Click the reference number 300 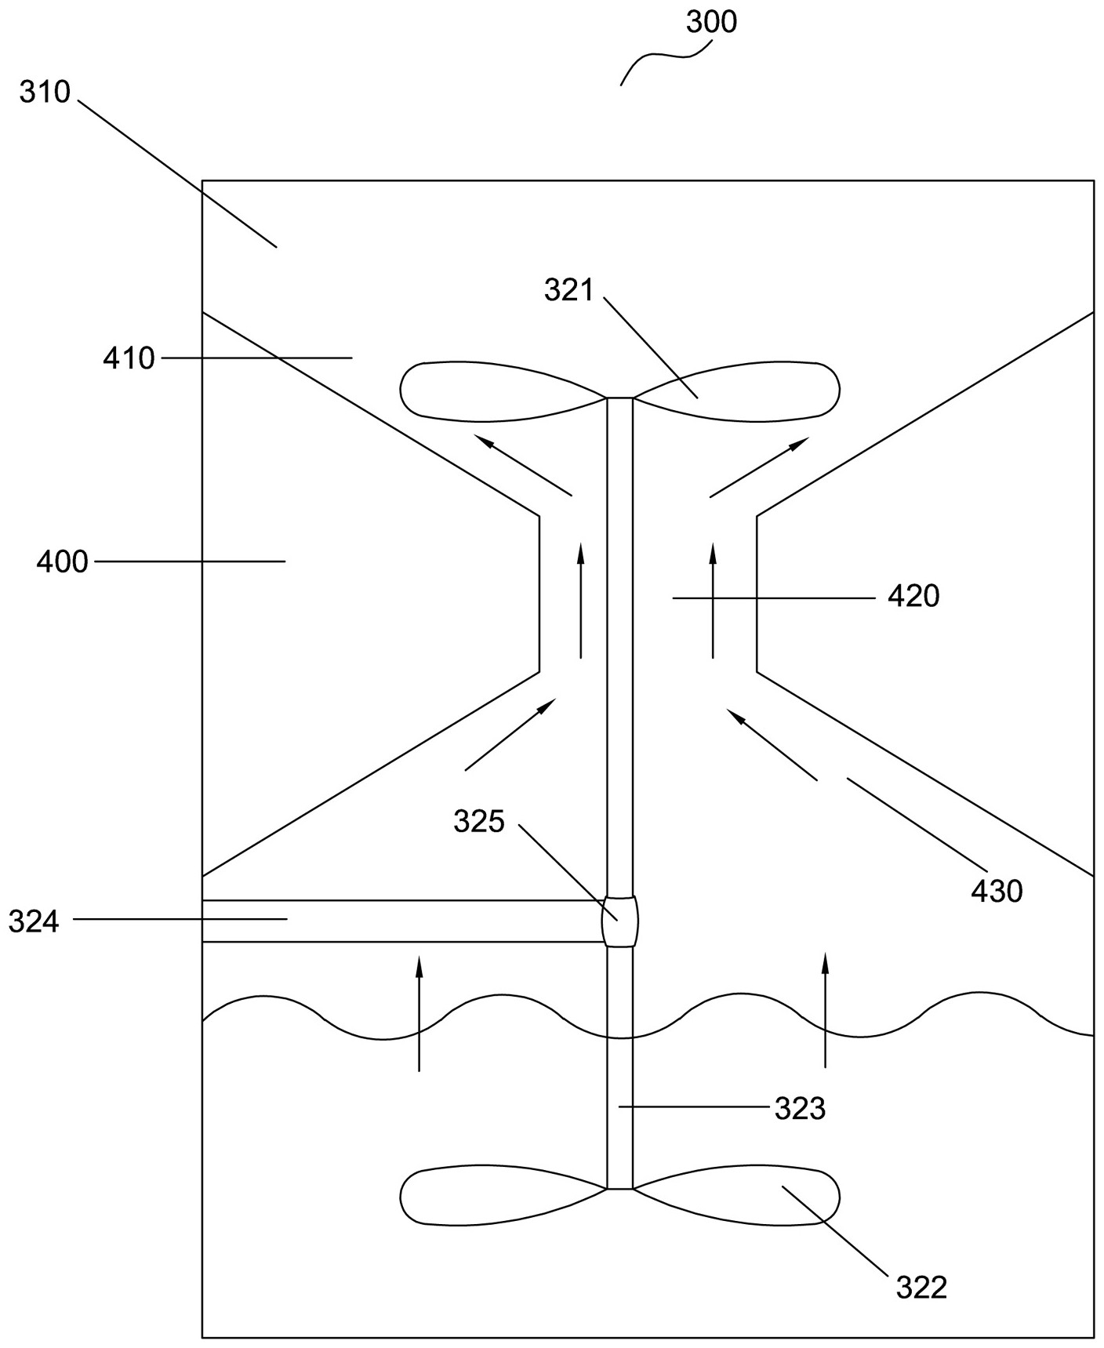pos(711,22)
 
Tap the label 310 pos(45,93)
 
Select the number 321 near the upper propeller pos(569,290)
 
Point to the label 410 pos(129,358)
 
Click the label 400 pos(62,561)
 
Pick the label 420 pos(913,597)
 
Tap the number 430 pos(997,891)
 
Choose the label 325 pos(478,821)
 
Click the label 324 pos(34,921)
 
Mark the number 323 pos(800,1109)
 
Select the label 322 pos(921,1287)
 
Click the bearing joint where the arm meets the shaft pos(619,921)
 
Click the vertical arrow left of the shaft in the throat pos(580,599)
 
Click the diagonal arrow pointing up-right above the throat pos(759,467)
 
